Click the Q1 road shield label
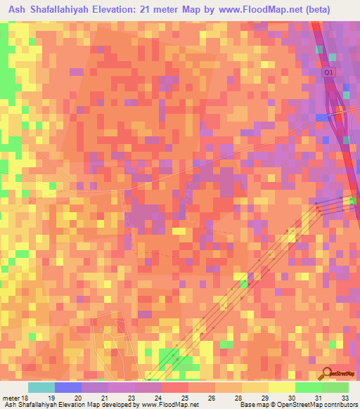pyautogui.click(x=328, y=72)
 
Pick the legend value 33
pyautogui.click(x=344, y=398)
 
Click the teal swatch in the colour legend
pyautogui.click(x=41, y=387)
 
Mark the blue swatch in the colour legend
pyautogui.click(x=68, y=387)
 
